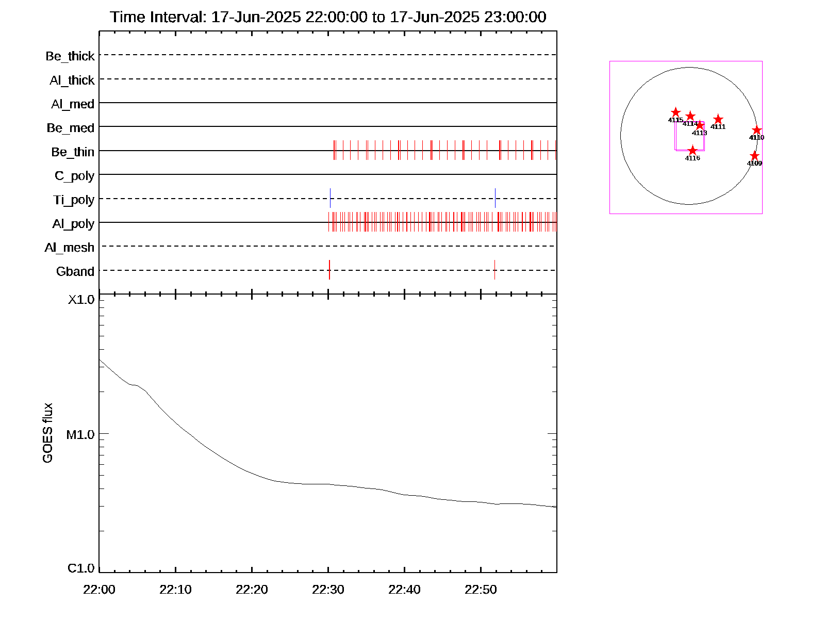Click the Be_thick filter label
pos(70,56)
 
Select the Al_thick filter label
pos(72,80)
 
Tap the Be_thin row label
pos(73,152)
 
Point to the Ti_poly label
pos(74,200)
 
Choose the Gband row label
pos(75,272)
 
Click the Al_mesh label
pos(70,248)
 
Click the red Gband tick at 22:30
pos(329,270)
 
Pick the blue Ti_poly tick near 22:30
pos(330,198)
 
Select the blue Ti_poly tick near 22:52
pos(495,198)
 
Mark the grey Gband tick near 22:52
pos(494,270)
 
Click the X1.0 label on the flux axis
pos(81,300)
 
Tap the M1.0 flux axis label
pos(80,435)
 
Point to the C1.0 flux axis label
pos(81,568)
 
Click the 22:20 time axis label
pos(252,590)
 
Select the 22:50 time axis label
pos(481,590)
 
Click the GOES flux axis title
pos(47,433)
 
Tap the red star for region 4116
pos(692,151)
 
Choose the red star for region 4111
pos(718,120)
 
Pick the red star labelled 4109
pos(754,156)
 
